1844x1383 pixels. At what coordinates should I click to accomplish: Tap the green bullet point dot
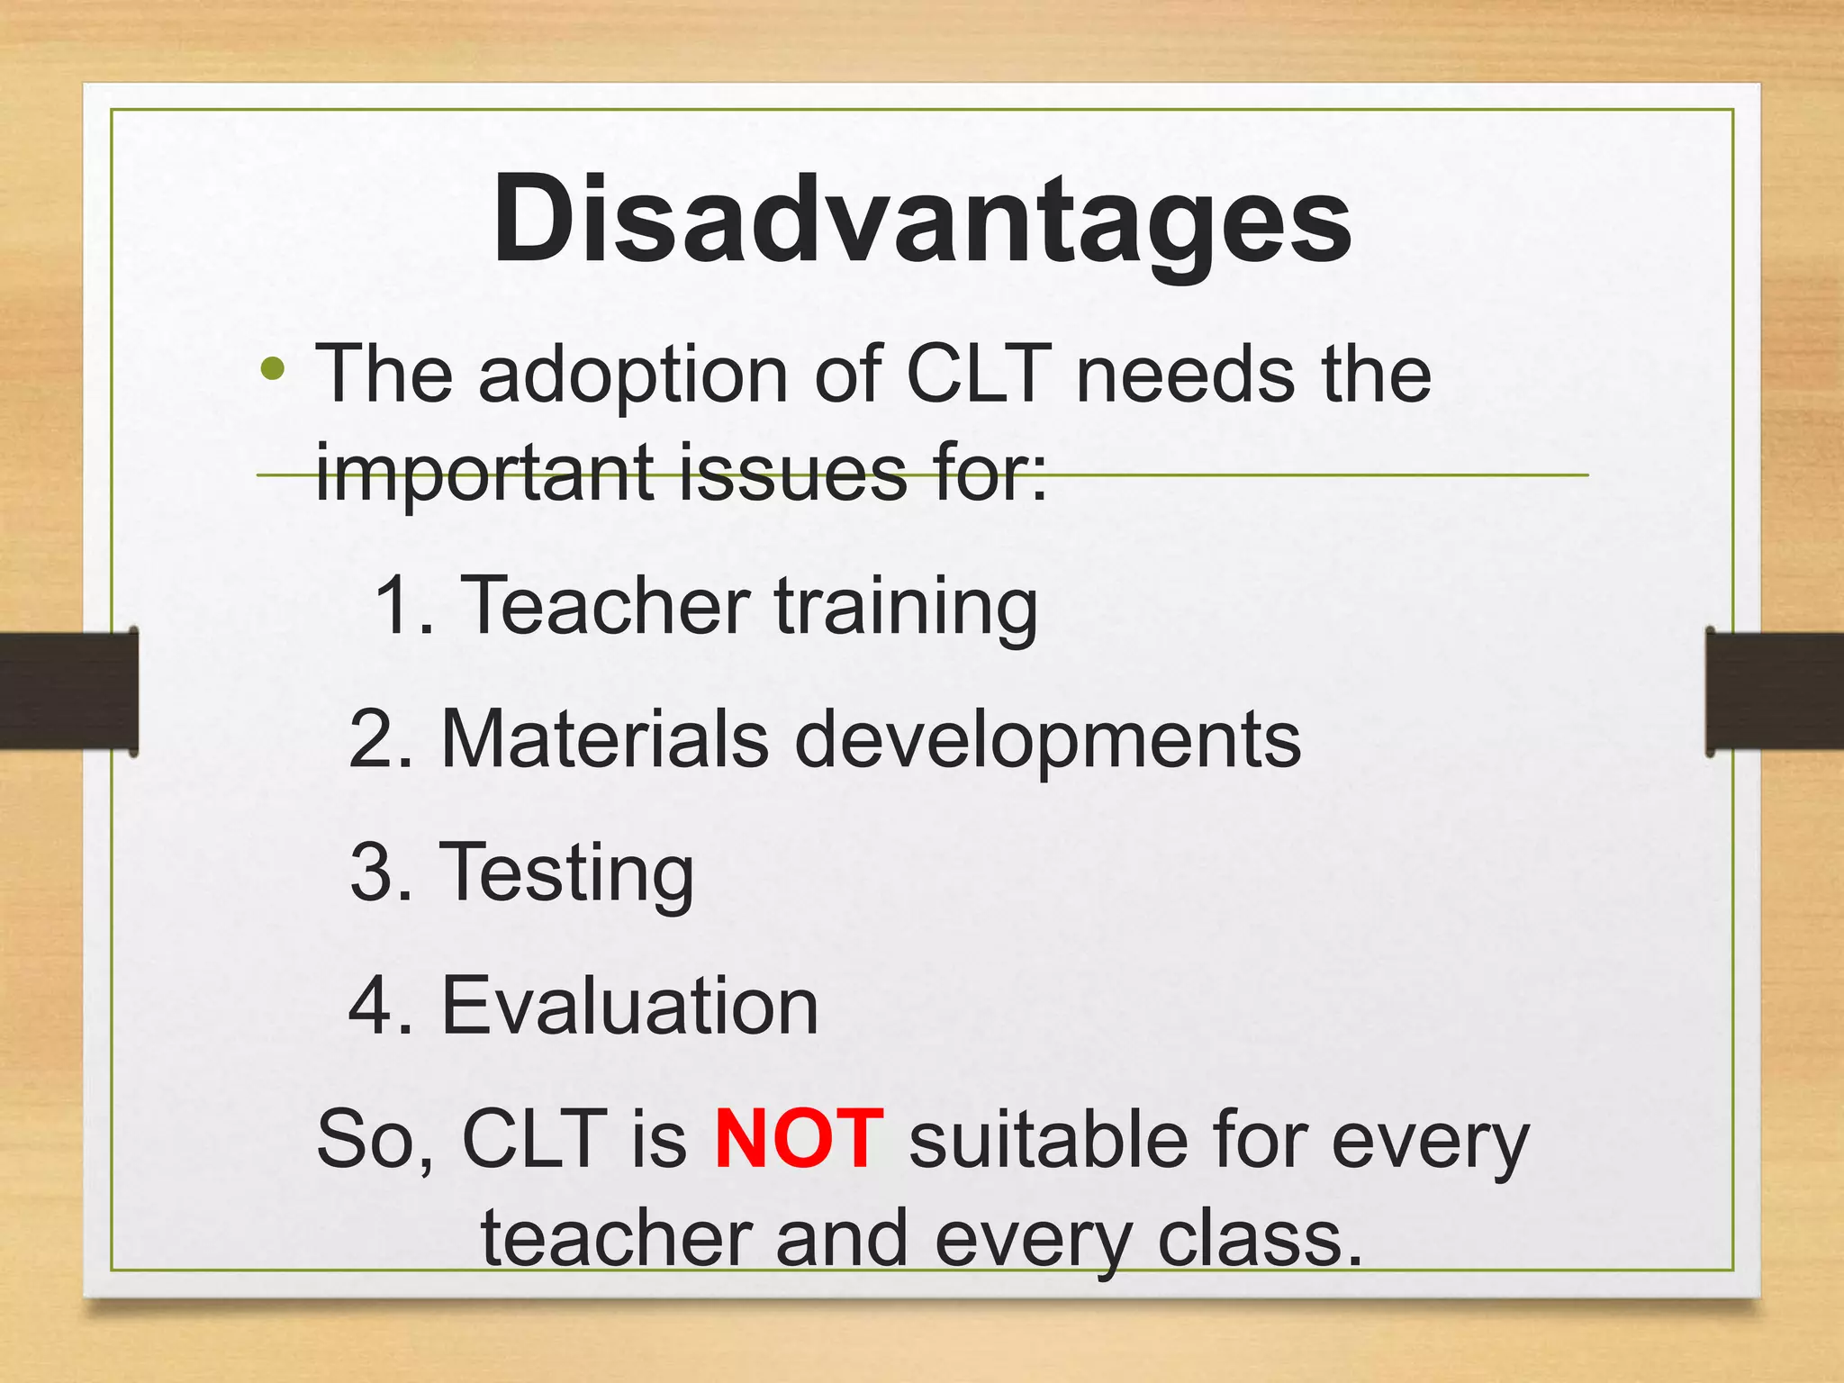tap(273, 368)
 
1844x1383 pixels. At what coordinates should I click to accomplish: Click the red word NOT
tap(799, 1139)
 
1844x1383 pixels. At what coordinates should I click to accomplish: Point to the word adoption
tap(633, 376)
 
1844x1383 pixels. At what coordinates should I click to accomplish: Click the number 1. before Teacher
tap(402, 605)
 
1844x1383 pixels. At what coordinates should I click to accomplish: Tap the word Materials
tap(605, 739)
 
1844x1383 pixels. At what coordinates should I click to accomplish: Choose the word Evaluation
tap(629, 1006)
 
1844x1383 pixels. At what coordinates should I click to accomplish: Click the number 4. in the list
tap(381, 1006)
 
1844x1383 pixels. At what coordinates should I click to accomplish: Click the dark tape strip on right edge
tap(1774, 691)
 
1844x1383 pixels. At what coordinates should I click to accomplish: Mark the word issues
tap(792, 473)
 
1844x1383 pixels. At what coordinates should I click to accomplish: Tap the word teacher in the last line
tap(616, 1239)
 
